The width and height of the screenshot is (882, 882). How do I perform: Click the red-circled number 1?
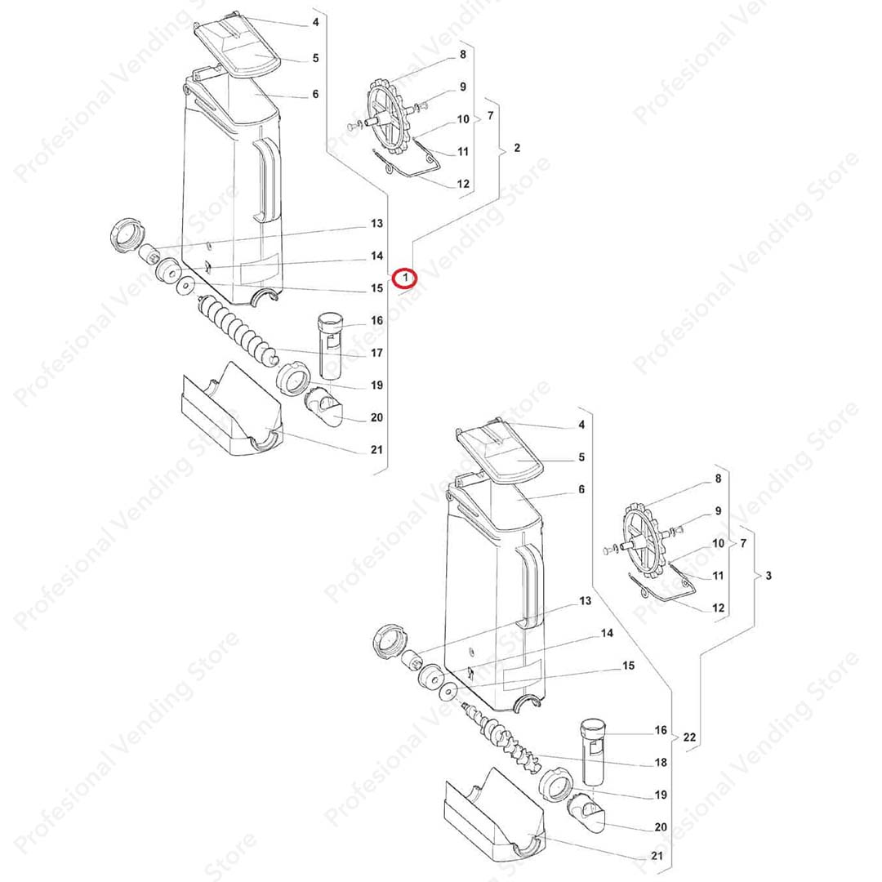click(405, 278)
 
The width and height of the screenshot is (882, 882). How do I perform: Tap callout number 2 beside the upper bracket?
click(517, 148)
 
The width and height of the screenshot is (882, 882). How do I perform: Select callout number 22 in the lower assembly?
click(689, 737)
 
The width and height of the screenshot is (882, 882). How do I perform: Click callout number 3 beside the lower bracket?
click(768, 576)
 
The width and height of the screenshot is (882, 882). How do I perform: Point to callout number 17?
click(376, 353)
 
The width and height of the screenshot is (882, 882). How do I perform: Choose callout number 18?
click(661, 762)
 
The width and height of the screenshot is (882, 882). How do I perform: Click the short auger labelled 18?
click(500, 733)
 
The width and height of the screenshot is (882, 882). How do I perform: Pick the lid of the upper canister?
click(237, 48)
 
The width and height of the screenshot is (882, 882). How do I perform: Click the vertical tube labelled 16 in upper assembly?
click(330, 346)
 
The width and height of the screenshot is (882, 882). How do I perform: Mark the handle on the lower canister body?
click(531, 586)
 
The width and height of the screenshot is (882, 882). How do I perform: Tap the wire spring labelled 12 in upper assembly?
click(408, 165)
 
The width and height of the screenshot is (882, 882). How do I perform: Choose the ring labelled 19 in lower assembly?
click(556, 784)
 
